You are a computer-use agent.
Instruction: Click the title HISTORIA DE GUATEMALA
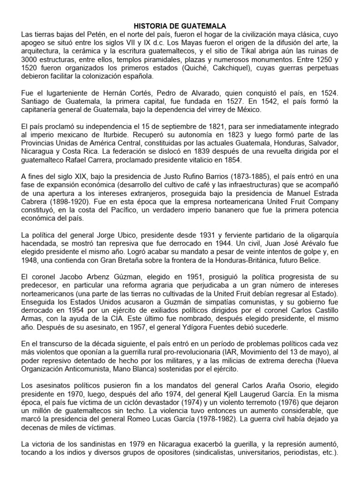180,27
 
